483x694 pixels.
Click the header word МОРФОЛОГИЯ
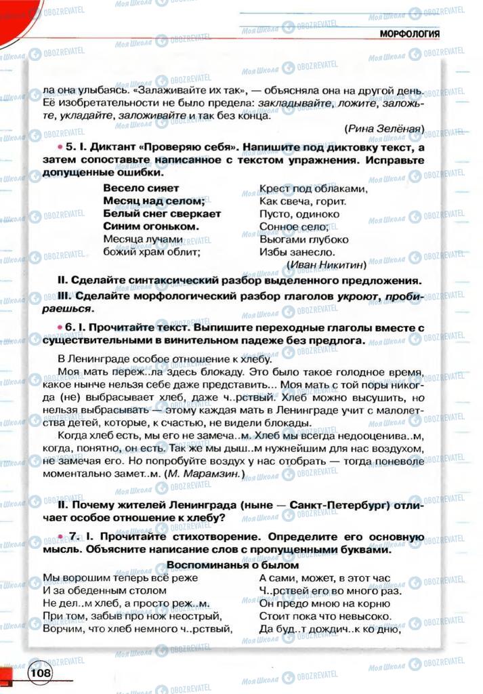point(410,34)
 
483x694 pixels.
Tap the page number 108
point(40,673)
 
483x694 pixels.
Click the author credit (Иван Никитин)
point(327,264)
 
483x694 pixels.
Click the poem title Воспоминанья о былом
point(232,565)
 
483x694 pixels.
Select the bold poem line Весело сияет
point(141,188)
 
